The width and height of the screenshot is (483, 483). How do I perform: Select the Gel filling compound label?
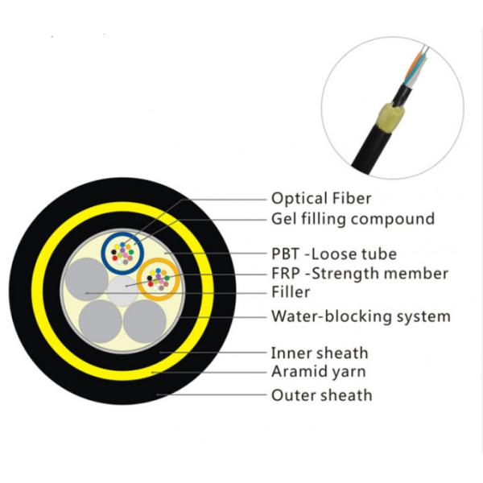click(353, 218)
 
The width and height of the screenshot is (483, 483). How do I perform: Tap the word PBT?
click(286, 254)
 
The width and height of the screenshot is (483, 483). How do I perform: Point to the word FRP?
click(286, 274)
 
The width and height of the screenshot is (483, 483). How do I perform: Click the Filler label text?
click(291, 292)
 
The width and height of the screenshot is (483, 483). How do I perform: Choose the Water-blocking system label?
click(361, 316)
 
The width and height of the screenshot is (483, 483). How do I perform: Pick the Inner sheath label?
click(320, 353)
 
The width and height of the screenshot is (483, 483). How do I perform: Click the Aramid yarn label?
click(318, 371)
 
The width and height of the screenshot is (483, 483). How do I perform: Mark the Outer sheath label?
click(321, 394)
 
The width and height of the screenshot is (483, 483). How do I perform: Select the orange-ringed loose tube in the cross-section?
click(159, 280)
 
